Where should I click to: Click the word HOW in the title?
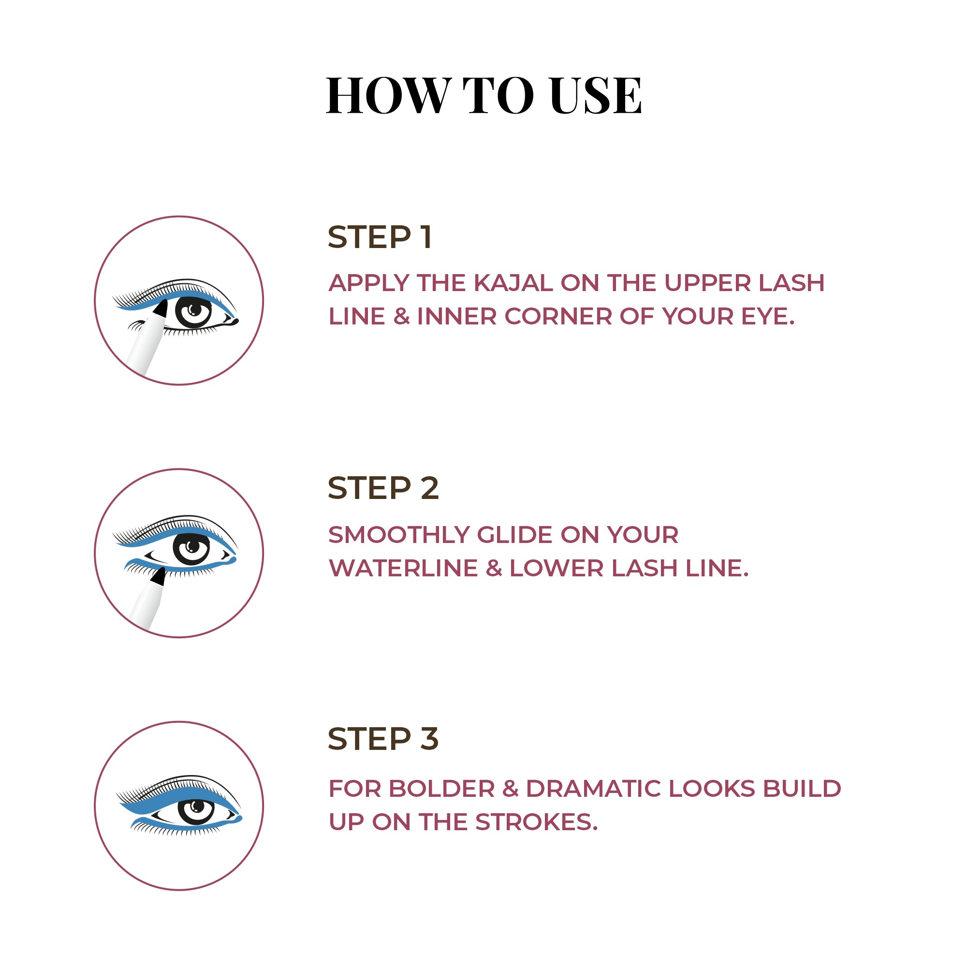pos(389,95)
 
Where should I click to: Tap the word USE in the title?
pos(595,95)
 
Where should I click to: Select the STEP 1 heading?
pos(380,237)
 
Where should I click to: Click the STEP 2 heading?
pos(383,488)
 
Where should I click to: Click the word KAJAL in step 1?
pos(513,283)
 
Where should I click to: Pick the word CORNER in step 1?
pos(558,316)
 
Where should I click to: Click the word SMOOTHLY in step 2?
pos(398,535)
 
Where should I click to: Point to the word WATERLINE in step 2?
pos(403,568)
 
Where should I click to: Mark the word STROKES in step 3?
pos(536,822)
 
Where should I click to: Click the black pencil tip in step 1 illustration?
pos(161,308)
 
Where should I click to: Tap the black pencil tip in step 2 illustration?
pos(159,576)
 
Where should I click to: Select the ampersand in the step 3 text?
pos(510,789)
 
